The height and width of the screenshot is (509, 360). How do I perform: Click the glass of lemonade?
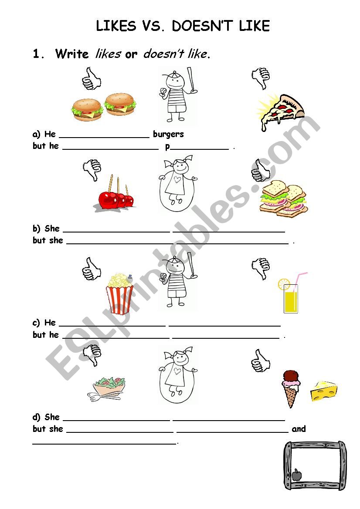291,296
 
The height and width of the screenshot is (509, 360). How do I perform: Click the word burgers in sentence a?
168,134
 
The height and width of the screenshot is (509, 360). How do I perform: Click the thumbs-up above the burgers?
91,79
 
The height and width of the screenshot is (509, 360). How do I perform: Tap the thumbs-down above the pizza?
261,78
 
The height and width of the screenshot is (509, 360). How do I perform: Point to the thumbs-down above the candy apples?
92,170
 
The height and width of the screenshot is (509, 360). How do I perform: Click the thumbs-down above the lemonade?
261,268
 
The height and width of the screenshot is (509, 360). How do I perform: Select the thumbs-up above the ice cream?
261,360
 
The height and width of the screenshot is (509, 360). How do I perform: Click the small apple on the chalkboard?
297,474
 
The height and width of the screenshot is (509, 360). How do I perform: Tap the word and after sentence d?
299,429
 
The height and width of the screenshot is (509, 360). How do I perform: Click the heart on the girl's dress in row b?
177,179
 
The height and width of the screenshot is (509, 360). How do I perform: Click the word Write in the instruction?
72,54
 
